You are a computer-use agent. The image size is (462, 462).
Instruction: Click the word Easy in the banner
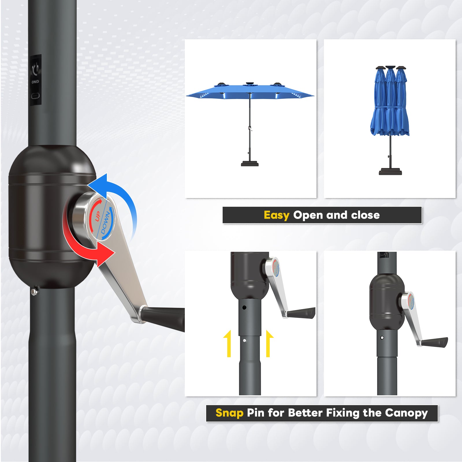276,215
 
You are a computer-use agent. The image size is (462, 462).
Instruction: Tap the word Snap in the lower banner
229,413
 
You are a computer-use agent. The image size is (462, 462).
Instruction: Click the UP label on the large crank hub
98,216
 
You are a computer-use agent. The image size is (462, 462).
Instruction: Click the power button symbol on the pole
36,69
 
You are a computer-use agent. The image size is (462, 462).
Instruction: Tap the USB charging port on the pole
36,96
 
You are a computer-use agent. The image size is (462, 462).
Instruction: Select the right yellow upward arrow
269,344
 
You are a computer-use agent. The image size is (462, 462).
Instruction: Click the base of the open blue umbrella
250,164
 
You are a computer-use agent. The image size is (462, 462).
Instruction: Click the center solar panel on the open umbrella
250,84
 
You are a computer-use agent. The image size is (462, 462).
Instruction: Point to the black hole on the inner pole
244,308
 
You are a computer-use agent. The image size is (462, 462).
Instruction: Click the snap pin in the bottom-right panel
382,338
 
